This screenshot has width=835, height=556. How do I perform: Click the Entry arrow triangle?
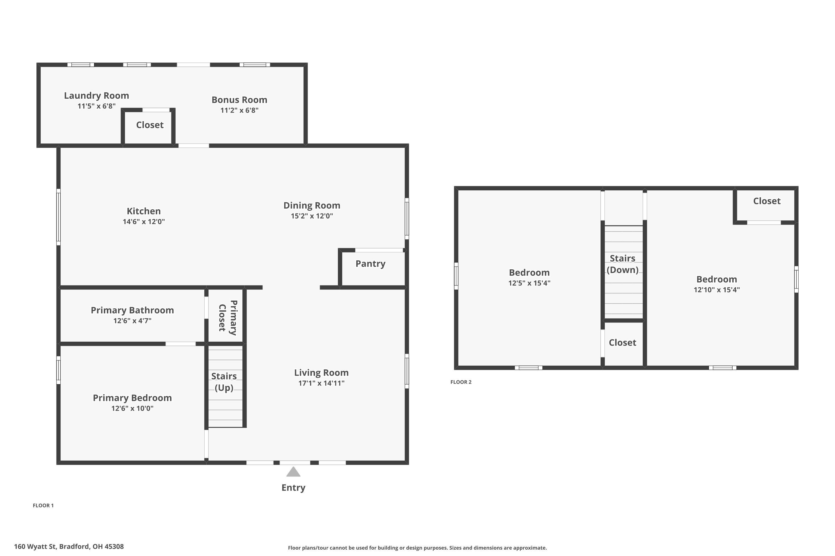(x=293, y=472)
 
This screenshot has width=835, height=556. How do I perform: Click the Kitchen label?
(x=144, y=211)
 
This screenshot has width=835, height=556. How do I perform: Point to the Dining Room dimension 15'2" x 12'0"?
(x=312, y=216)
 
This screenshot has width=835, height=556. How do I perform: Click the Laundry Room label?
(x=96, y=96)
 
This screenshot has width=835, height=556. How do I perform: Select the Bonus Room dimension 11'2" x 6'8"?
(x=239, y=110)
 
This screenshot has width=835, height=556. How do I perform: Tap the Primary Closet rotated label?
(x=228, y=317)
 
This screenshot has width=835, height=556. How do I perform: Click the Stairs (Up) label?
(x=224, y=382)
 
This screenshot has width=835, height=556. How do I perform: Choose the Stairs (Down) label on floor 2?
(x=622, y=264)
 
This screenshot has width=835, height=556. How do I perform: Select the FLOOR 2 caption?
(x=461, y=382)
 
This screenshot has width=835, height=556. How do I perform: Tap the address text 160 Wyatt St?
(x=35, y=547)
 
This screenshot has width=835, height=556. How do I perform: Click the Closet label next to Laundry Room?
(x=150, y=125)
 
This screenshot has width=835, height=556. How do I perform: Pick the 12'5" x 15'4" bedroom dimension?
(x=529, y=283)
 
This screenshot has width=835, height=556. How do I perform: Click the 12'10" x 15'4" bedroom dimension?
(x=716, y=290)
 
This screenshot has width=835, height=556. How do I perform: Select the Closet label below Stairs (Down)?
(x=622, y=342)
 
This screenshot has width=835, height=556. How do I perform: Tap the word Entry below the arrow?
(x=293, y=488)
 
